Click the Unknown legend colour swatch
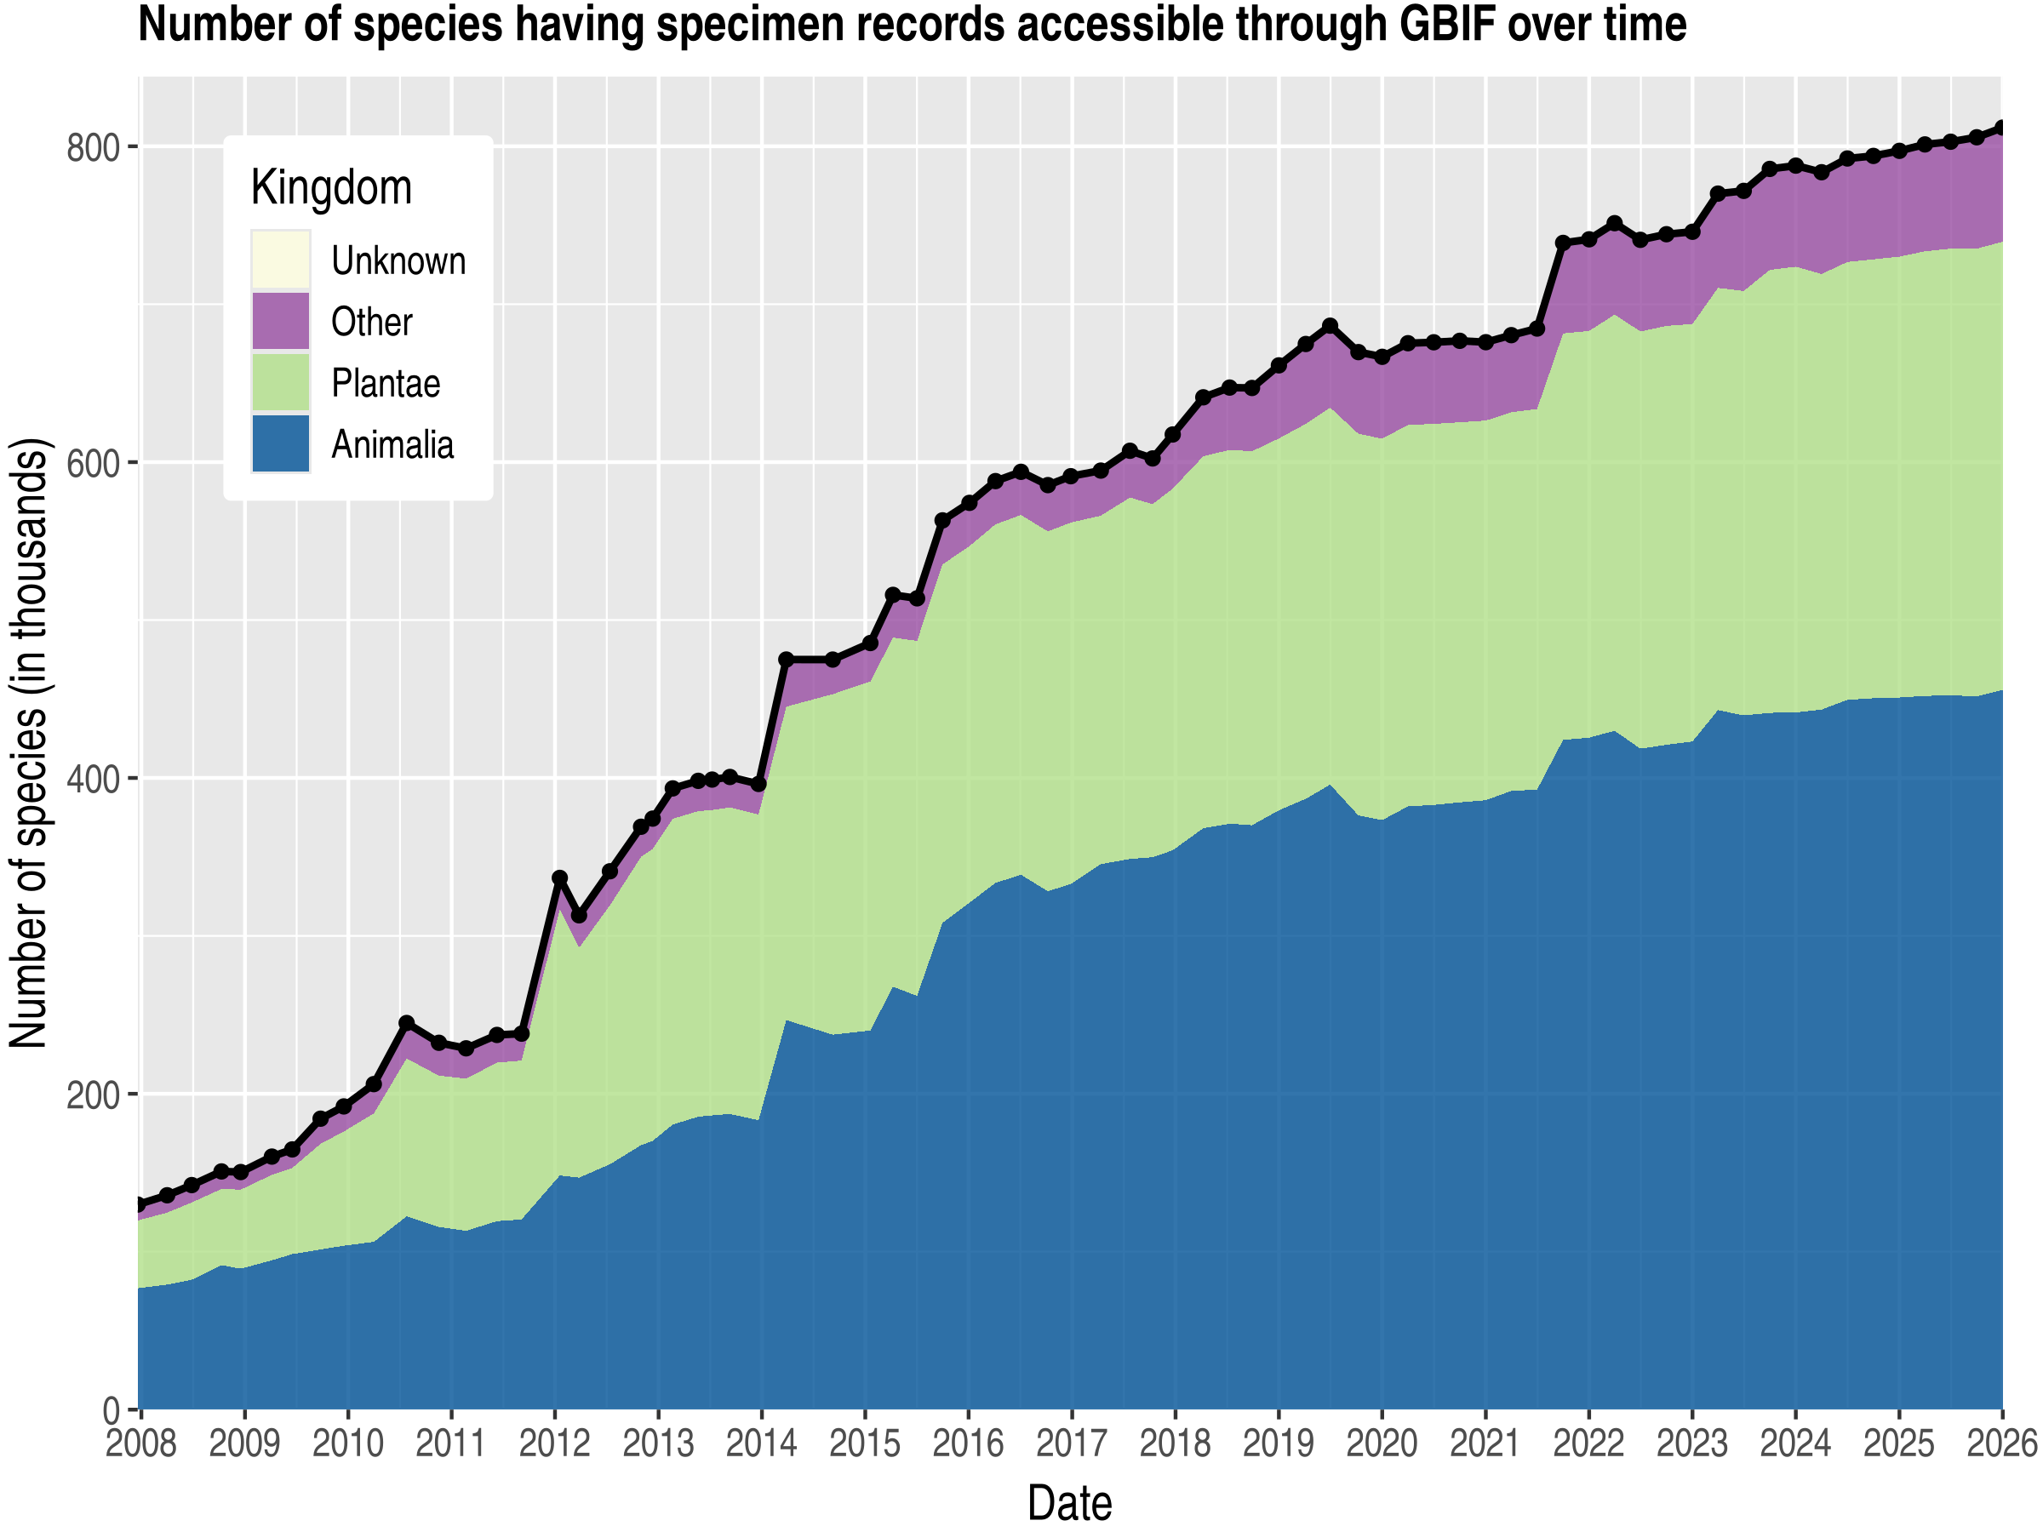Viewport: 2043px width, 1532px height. click(281, 260)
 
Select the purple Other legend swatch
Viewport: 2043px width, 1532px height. click(281, 322)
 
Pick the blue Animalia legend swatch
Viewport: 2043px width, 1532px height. click(281, 444)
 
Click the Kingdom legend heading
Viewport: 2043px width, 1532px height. click(330, 188)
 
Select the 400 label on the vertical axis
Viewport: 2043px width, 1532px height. click(94, 779)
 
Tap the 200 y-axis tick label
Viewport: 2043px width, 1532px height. click(94, 1095)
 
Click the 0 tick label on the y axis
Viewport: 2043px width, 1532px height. click(112, 1410)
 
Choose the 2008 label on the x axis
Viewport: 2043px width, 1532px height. click(140, 1443)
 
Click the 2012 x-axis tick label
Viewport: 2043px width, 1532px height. click(554, 1443)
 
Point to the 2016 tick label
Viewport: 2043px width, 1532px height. click(968, 1443)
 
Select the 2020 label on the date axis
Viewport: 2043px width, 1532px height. click(1382, 1443)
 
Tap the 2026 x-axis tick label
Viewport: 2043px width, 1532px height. click(2000, 1443)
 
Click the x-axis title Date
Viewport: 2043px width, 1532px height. click(1069, 1503)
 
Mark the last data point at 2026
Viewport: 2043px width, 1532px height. click(2001, 128)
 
